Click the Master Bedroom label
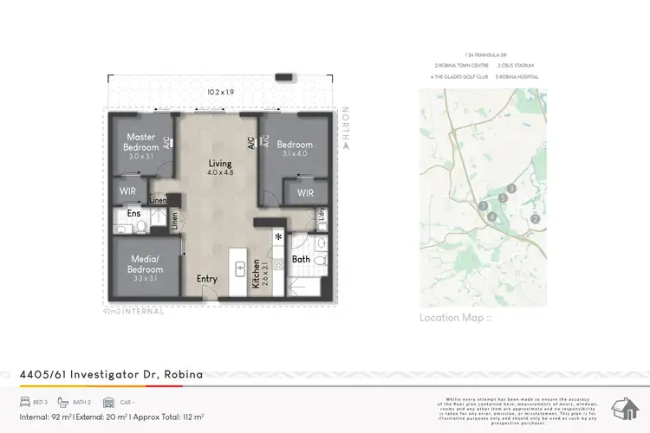(x=140, y=142)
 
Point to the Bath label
(x=301, y=258)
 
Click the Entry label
(x=207, y=279)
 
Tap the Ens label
(x=133, y=212)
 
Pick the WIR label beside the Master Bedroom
(x=128, y=192)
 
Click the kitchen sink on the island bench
(x=240, y=269)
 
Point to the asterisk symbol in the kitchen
(x=278, y=236)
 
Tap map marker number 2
(x=536, y=219)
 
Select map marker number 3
(x=512, y=188)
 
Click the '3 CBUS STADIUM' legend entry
(x=518, y=66)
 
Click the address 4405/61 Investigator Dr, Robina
(x=111, y=374)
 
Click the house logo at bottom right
(x=624, y=406)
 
